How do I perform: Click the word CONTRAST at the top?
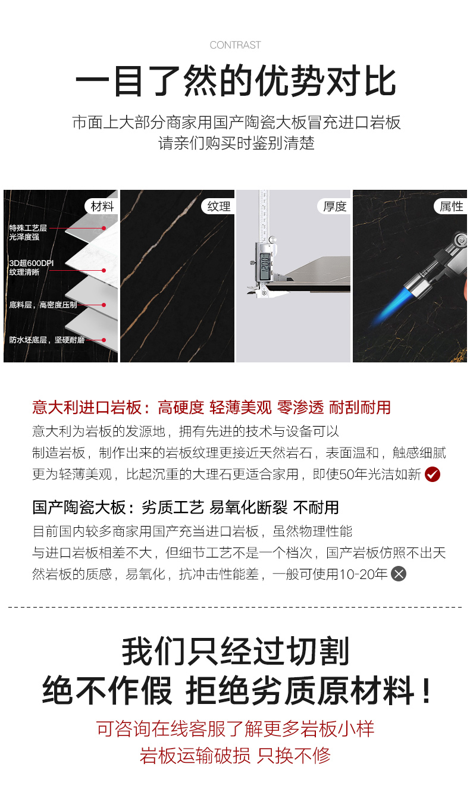(235, 45)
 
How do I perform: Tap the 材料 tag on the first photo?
(102, 206)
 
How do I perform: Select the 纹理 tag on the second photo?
(218, 206)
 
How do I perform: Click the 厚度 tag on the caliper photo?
(334, 206)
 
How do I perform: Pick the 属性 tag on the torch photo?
(451, 206)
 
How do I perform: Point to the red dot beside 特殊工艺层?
(104, 228)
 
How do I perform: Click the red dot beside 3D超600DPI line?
(104, 270)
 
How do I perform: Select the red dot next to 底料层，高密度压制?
(104, 305)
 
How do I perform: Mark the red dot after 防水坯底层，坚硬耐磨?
(104, 340)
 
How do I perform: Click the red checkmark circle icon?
(433, 474)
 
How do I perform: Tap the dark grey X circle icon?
(399, 574)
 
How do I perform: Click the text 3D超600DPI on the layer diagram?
(32, 263)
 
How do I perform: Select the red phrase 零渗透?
(300, 407)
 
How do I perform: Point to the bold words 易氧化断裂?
(248, 507)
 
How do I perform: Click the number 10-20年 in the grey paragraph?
(363, 574)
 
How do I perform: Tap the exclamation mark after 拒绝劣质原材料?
(426, 690)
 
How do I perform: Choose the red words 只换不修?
(294, 755)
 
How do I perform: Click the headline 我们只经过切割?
(236, 651)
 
